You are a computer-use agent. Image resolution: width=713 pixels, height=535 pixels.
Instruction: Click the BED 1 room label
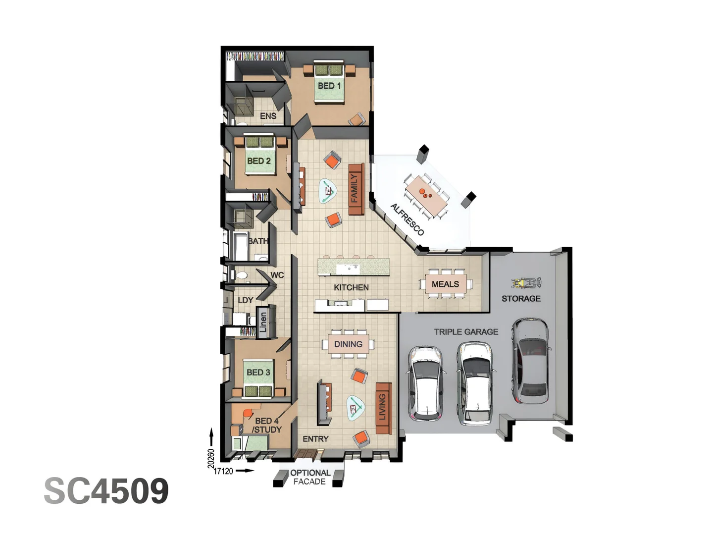pos(329,86)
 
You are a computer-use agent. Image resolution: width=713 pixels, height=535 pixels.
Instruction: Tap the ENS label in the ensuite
pos(268,116)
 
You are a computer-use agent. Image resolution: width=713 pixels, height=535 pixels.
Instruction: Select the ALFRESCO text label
pos(407,219)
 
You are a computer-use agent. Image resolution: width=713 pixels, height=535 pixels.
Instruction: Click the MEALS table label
pos(445,284)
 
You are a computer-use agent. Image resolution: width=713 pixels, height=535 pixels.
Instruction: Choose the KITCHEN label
pos(351,287)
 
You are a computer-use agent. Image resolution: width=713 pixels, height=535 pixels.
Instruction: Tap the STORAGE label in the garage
pos(521,298)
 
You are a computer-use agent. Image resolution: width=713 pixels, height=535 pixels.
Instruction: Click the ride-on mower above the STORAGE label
pos(526,283)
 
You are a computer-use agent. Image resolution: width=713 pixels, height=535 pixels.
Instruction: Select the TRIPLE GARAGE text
pos(466,332)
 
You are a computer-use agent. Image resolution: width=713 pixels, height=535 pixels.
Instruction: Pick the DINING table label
pos(348,344)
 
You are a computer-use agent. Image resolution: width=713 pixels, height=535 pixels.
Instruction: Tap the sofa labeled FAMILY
pos(356,189)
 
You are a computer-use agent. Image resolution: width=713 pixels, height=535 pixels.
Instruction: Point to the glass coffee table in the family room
pos(327,190)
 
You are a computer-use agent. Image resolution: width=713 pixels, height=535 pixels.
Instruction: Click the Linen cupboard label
pos(263,322)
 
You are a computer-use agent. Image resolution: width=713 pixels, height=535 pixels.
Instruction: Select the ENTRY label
pos(315,439)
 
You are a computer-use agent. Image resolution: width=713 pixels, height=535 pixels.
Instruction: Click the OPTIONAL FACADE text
pos(310,477)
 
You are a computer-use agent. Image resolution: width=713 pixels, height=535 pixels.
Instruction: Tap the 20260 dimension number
pos(211,458)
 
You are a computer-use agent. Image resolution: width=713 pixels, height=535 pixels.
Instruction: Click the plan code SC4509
pos(106,491)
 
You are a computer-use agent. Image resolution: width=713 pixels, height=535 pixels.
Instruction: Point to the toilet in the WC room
pos(242,275)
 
